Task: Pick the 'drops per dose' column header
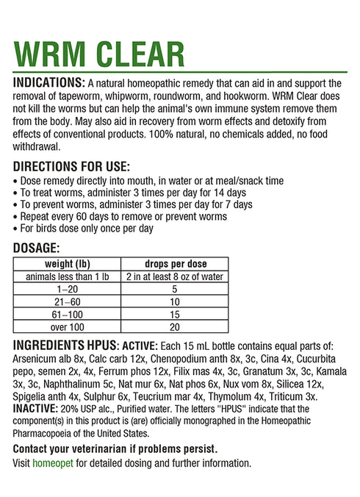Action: tap(176, 263)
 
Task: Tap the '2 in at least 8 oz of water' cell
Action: tap(176, 276)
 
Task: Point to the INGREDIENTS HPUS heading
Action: tap(65, 346)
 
